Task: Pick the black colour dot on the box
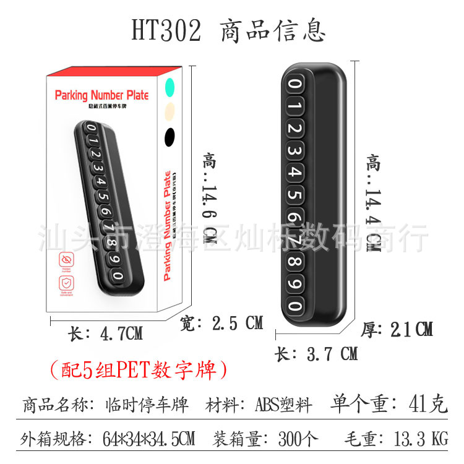(171, 134)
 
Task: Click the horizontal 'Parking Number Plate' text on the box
(101, 95)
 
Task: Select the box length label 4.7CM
(106, 334)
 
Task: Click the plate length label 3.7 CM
(316, 354)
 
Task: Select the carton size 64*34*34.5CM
(149, 439)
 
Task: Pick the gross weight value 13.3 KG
(421, 439)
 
